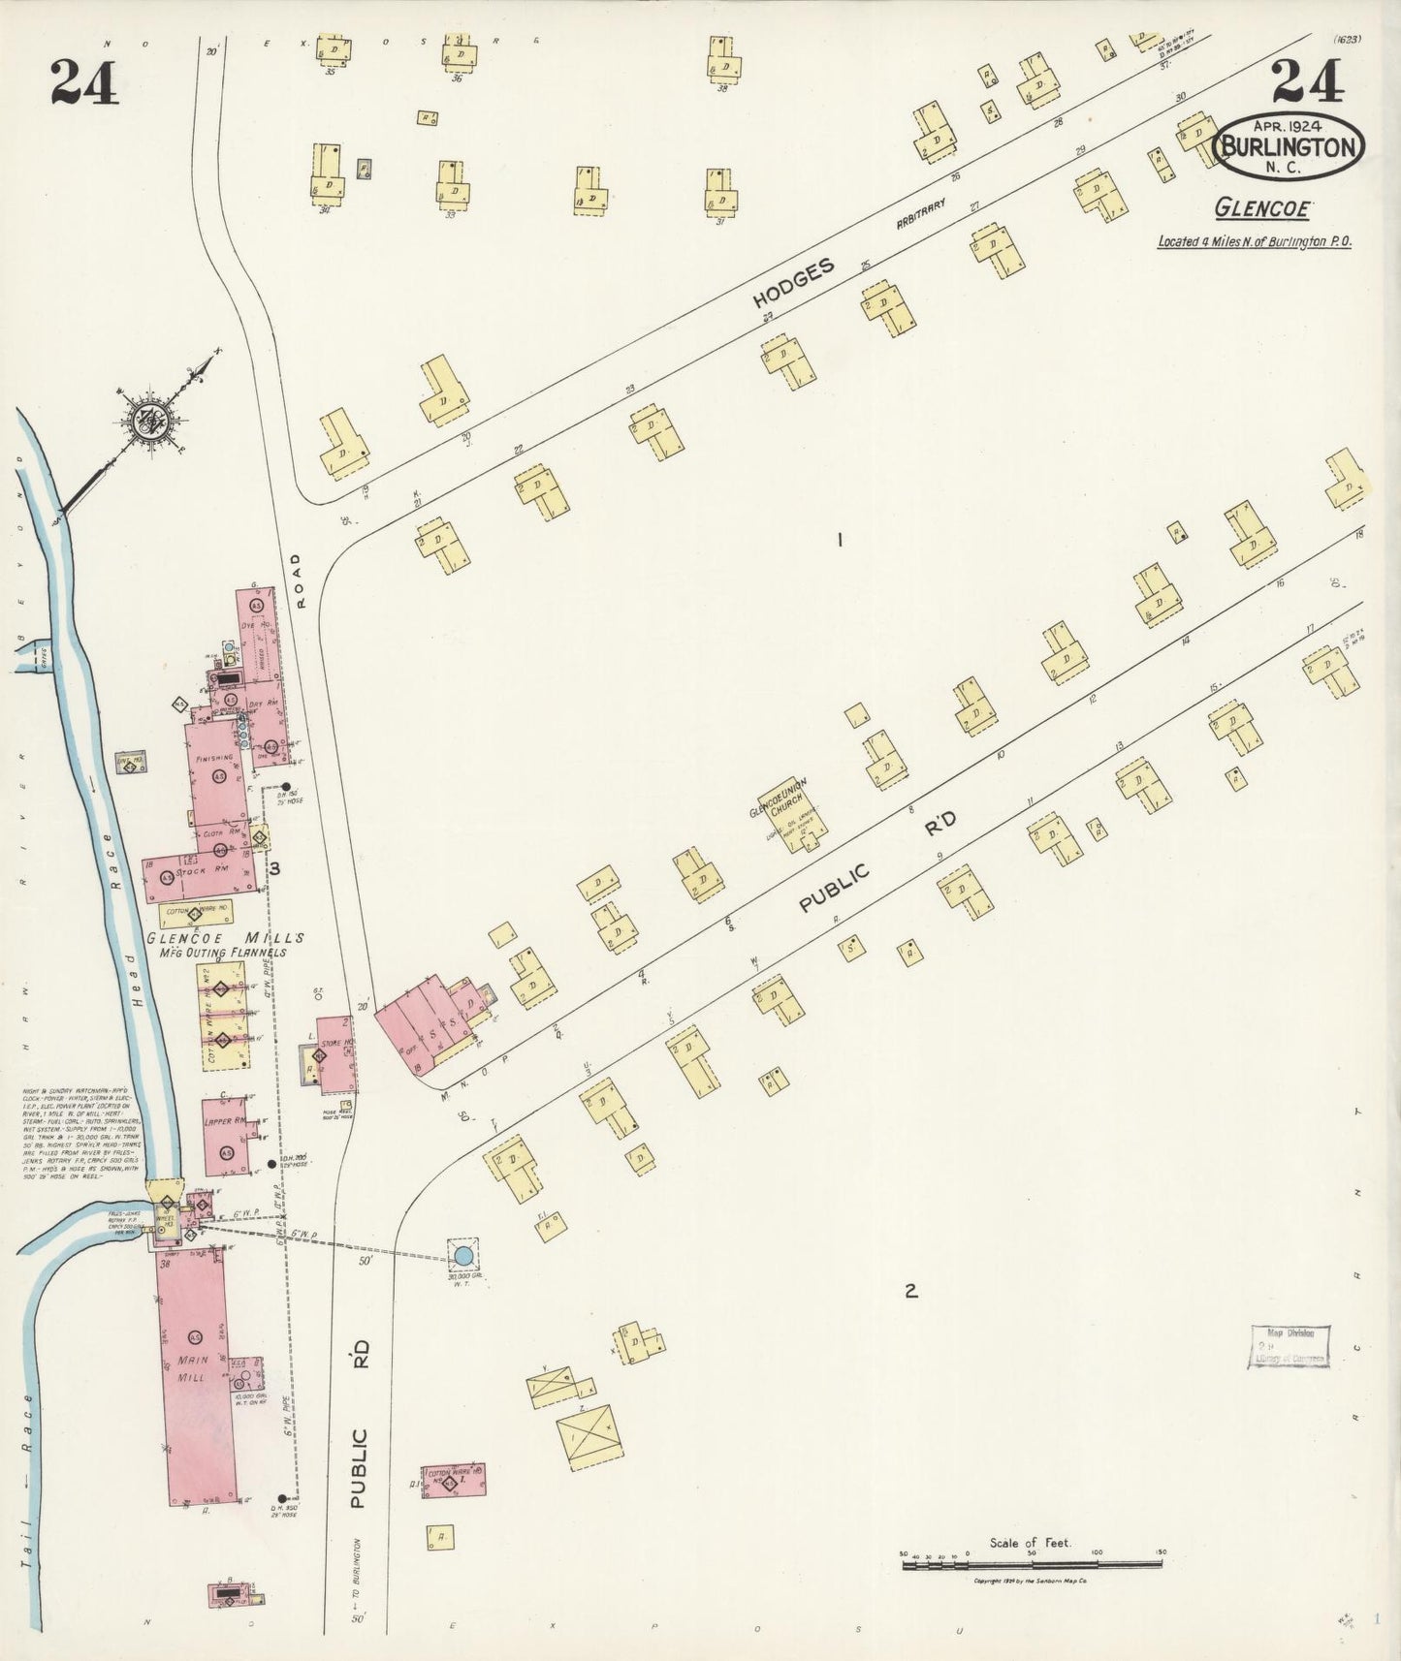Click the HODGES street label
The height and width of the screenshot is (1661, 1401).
tap(794, 285)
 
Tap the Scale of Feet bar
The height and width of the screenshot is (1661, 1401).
tap(1032, 1561)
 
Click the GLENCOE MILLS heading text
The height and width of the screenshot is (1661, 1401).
tap(226, 938)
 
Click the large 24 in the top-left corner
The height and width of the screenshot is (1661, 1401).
tap(84, 81)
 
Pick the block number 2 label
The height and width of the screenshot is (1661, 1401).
tap(910, 1290)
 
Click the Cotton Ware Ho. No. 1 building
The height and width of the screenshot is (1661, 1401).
tap(454, 1480)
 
